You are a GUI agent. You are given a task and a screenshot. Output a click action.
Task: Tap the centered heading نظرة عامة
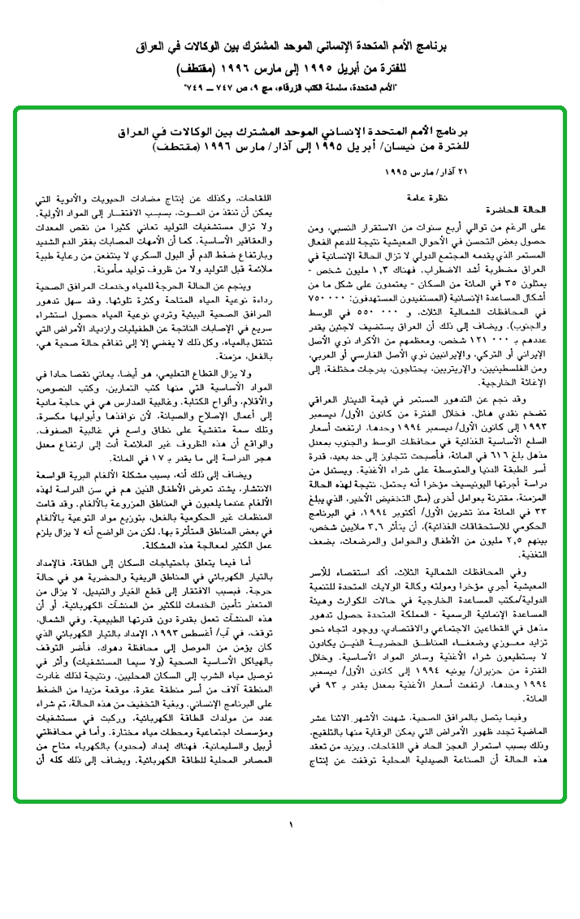click(x=427, y=196)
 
